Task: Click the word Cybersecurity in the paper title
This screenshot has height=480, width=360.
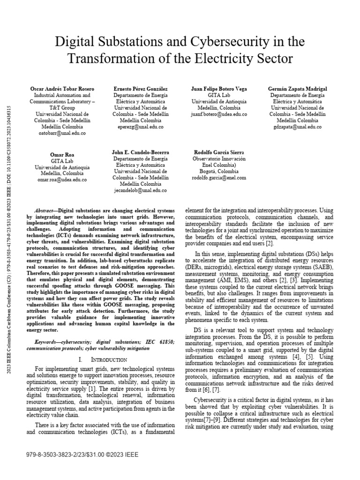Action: coord(216,42)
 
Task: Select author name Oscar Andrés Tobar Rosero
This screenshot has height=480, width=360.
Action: coord(62,89)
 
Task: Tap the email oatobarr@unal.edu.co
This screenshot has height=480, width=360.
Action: coord(62,133)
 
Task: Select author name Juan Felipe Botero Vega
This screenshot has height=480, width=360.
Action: coord(219,89)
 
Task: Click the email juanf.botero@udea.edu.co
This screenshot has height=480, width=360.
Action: coord(219,114)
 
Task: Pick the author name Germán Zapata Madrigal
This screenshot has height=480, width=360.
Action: coord(297,89)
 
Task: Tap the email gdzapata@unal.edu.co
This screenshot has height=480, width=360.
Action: coord(297,127)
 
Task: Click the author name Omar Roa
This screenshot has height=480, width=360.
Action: coord(62,155)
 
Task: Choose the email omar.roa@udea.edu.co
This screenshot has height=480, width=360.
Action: coord(62,180)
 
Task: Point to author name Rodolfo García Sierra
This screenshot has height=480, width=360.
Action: coord(219,153)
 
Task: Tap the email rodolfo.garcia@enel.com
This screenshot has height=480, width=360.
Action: coord(219,178)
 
